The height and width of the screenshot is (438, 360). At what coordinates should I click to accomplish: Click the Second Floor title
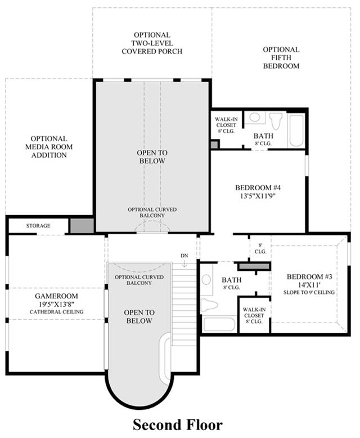[x=178, y=424]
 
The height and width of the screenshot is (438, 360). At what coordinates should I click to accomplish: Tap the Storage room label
[x=38, y=226]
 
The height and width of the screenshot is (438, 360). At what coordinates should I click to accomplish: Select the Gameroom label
[x=56, y=296]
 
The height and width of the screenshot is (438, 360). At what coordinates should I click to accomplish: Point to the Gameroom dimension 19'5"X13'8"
[x=56, y=304]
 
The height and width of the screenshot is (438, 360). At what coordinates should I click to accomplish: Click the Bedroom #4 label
[x=258, y=187]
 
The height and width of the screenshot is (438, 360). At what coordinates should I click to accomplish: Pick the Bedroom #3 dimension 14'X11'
[x=307, y=285]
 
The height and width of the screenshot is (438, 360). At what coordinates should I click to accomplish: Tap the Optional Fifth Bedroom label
[x=281, y=58]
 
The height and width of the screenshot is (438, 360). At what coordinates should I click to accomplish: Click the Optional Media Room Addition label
[x=49, y=147]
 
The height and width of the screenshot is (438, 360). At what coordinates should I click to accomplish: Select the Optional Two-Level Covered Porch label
[x=152, y=43]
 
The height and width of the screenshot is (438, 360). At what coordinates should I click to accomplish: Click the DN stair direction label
[x=184, y=256]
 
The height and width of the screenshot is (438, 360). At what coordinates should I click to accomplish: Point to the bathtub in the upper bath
[x=296, y=130]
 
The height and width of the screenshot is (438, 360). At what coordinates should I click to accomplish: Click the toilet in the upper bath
[x=276, y=120]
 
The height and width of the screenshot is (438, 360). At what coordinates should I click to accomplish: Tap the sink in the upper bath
[x=254, y=117]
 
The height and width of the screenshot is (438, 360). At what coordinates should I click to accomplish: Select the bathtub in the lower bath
[x=219, y=324]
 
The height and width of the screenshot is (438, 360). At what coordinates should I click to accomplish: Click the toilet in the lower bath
[x=208, y=305]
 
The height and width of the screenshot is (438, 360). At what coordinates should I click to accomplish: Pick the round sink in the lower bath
[x=206, y=280]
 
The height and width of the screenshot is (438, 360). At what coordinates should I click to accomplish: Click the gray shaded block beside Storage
[x=82, y=226]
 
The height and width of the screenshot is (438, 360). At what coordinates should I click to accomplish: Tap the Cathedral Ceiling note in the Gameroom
[x=57, y=312]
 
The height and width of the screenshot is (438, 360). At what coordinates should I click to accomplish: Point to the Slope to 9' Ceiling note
[x=309, y=292]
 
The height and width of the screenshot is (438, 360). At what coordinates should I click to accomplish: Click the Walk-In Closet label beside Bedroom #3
[x=254, y=315]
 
